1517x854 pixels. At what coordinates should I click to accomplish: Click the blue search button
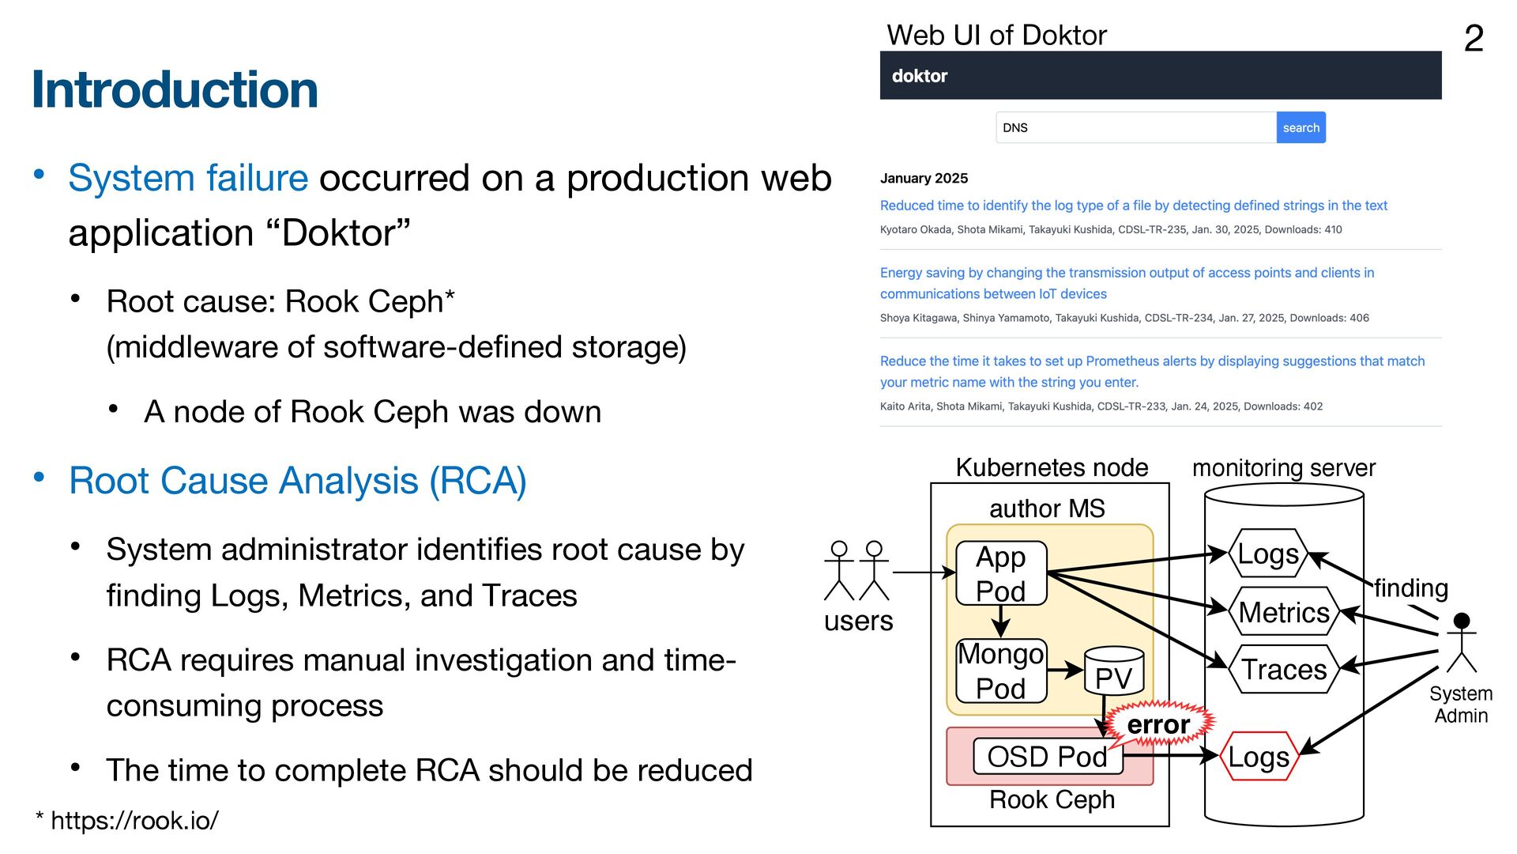1301,127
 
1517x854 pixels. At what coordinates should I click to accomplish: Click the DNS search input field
1135,127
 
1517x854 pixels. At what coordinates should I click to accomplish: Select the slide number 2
1474,38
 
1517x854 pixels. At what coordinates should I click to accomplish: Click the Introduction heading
175,89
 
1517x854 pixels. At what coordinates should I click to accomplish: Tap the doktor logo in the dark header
919,76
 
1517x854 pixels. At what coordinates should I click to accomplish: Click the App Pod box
1001,573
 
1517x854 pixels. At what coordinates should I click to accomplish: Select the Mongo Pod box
1001,671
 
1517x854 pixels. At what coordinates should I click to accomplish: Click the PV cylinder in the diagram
1114,672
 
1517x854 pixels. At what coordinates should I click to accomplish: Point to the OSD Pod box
1047,757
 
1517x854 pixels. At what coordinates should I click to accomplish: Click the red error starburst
1158,724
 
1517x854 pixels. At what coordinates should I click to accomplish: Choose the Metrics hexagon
1284,612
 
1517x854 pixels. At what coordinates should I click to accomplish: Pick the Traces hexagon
1284,670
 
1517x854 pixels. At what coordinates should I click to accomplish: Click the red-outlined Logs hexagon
1259,757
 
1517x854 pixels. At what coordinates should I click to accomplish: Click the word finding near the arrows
1410,588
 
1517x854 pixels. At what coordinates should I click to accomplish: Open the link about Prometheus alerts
1152,371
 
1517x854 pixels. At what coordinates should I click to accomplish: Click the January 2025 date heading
924,178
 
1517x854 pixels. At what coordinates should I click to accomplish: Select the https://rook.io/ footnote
134,820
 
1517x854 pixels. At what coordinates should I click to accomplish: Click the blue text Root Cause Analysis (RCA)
297,481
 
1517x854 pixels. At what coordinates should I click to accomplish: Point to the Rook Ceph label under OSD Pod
1052,799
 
